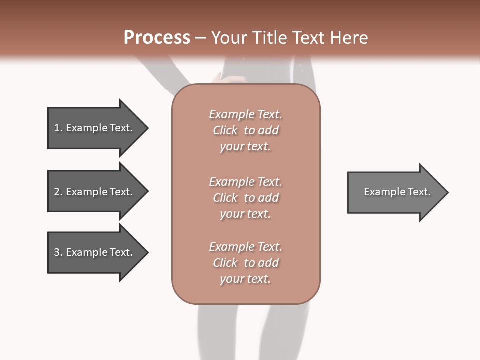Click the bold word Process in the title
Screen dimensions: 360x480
pyautogui.click(x=157, y=38)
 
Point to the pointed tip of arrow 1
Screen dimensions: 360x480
pyautogui.click(x=147, y=128)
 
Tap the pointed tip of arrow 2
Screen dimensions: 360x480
pyautogui.click(x=147, y=192)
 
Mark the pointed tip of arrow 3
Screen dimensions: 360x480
pyautogui.click(x=147, y=252)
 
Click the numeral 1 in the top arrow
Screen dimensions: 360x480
pyautogui.click(x=57, y=128)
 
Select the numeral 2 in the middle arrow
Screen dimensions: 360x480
pyautogui.click(x=57, y=192)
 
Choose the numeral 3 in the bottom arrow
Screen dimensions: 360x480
pyautogui.click(x=57, y=252)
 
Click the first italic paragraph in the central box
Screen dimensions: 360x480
pyautogui.click(x=245, y=130)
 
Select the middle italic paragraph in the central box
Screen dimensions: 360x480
pyautogui.click(x=245, y=198)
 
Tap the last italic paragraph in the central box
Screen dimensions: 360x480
pyautogui.click(x=245, y=263)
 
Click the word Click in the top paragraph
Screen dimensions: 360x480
pyautogui.click(x=225, y=130)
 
